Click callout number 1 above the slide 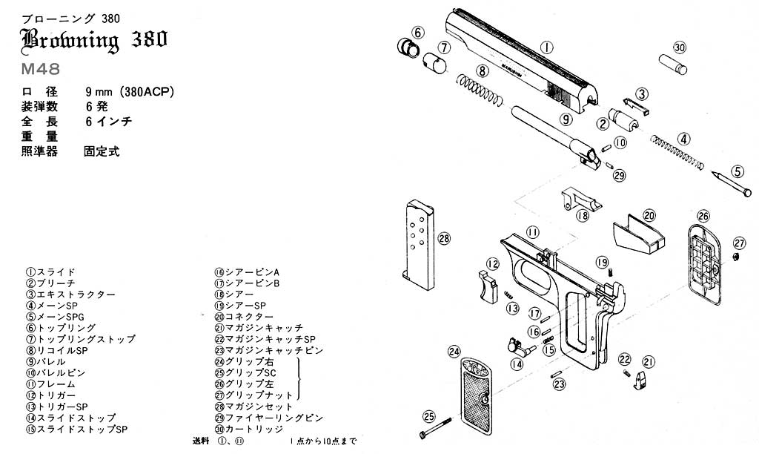tap(547, 47)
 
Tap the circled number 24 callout tap(455, 351)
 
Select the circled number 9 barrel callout tap(566, 119)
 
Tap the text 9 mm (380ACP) tap(130, 92)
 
